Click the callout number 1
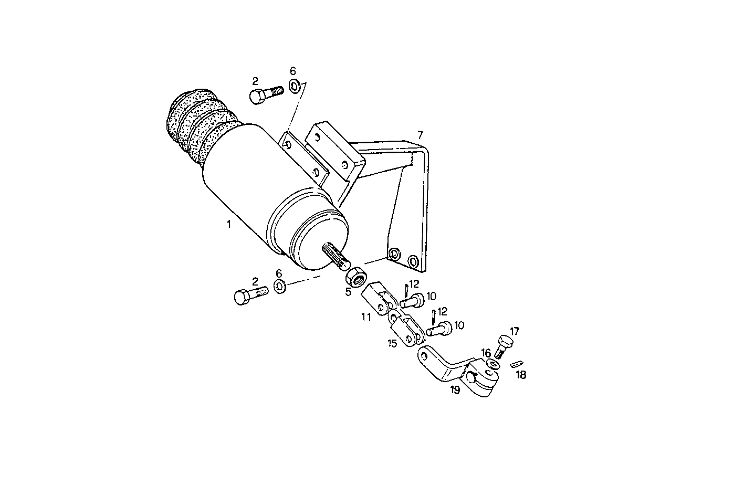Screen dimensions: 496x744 tap(228, 224)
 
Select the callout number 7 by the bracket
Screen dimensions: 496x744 tap(420, 135)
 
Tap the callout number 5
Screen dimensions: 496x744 tap(348, 291)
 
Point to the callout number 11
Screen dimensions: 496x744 tap(366, 316)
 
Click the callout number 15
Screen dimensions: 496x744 tap(392, 343)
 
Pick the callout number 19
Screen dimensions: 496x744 tap(455, 389)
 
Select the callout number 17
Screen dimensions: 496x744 tap(515, 331)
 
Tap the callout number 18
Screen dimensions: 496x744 tap(521, 375)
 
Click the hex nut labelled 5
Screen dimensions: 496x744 tap(358, 276)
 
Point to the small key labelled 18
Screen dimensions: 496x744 tap(517, 363)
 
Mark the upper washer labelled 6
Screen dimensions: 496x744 tap(294, 85)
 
